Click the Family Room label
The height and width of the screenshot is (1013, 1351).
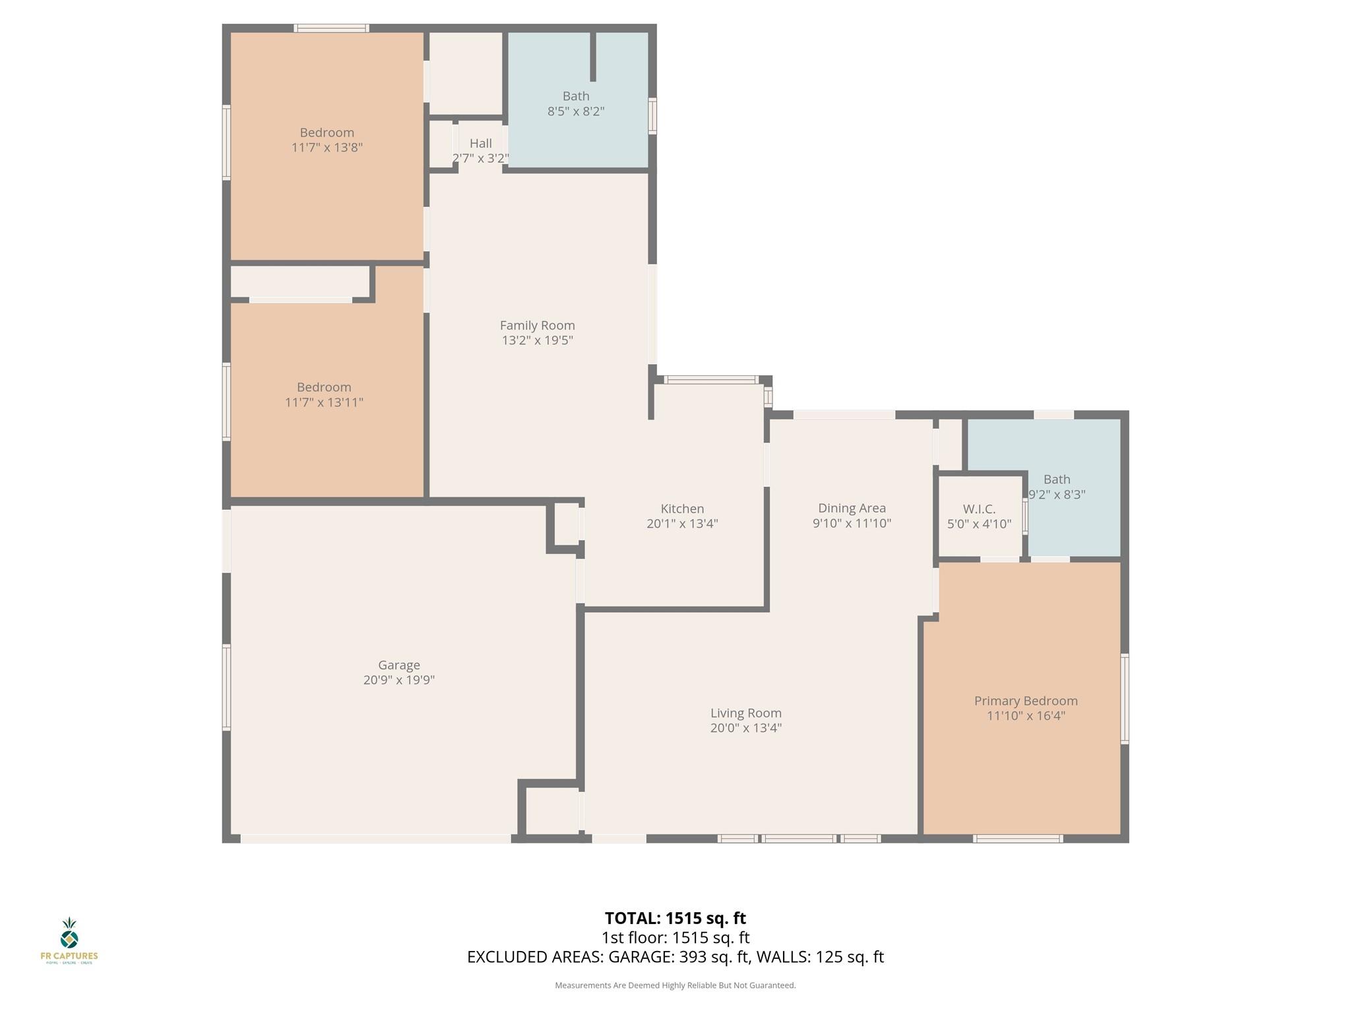pyautogui.click(x=537, y=325)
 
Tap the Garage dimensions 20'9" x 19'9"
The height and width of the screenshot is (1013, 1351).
pyautogui.click(x=398, y=680)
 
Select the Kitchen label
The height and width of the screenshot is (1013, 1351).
pyautogui.click(x=682, y=508)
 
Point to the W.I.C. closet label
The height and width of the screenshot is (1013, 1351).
pyautogui.click(x=979, y=509)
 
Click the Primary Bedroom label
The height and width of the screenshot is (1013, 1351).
pyautogui.click(x=1025, y=700)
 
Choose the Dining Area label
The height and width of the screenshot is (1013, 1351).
pyautogui.click(x=852, y=508)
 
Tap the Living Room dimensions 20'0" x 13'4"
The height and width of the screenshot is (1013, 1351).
pyautogui.click(x=745, y=728)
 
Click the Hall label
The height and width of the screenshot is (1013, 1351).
pyautogui.click(x=480, y=143)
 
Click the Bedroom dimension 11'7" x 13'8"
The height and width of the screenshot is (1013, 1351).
pyautogui.click(x=327, y=148)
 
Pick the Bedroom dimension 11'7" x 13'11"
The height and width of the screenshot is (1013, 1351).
pyautogui.click(x=324, y=402)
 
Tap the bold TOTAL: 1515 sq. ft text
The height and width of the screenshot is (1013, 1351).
pyautogui.click(x=675, y=918)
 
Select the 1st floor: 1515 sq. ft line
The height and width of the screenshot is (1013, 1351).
pyautogui.click(x=675, y=937)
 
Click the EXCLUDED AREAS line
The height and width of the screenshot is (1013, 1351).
pyautogui.click(x=675, y=957)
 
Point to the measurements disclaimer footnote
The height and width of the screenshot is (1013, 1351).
pyautogui.click(x=675, y=985)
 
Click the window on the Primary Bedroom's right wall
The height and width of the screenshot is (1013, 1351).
pyautogui.click(x=1125, y=698)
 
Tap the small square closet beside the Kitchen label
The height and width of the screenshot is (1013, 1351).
pyautogui.click(x=565, y=524)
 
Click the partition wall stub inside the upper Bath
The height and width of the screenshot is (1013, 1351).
pyautogui.click(x=592, y=57)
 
